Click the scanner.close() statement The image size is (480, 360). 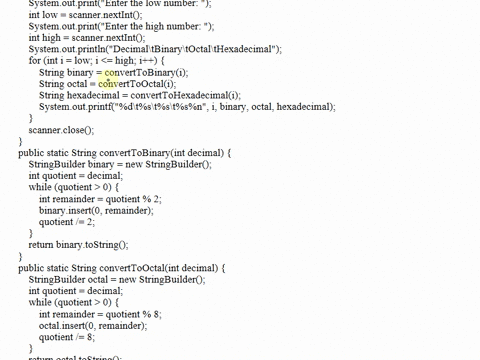(61, 130)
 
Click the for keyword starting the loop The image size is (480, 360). (35, 61)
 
